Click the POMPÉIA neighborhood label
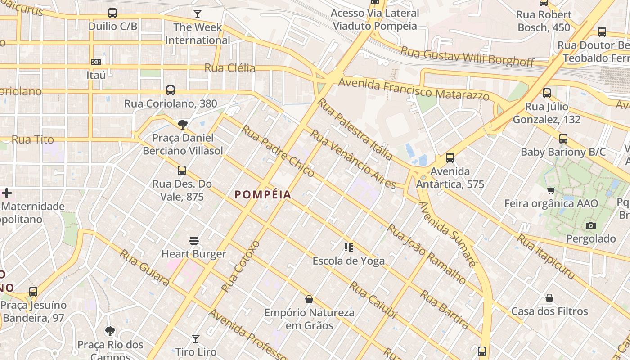(x=263, y=195)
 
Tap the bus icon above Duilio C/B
(x=112, y=13)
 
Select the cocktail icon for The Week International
(x=197, y=14)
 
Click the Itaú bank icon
(x=96, y=62)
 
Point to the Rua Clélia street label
(x=230, y=68)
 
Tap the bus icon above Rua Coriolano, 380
(x=171, y=90)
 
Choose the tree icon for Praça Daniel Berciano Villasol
(x=182, y=125)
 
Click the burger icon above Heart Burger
(x=194, y=241)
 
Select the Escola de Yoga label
(x=349, y=261)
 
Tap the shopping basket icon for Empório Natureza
(x=309, y=299)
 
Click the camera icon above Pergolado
(x=591, y=225)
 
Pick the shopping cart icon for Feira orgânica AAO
(x=551, y=190)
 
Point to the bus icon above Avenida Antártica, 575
(x=450, y=158)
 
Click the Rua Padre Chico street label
(x=278, y=151)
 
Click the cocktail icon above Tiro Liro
(x=196, y=338)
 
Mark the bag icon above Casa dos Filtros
(x=549, y=298)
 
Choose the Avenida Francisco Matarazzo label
(x=414, y=89)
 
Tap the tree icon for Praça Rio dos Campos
(x=110, y=332)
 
